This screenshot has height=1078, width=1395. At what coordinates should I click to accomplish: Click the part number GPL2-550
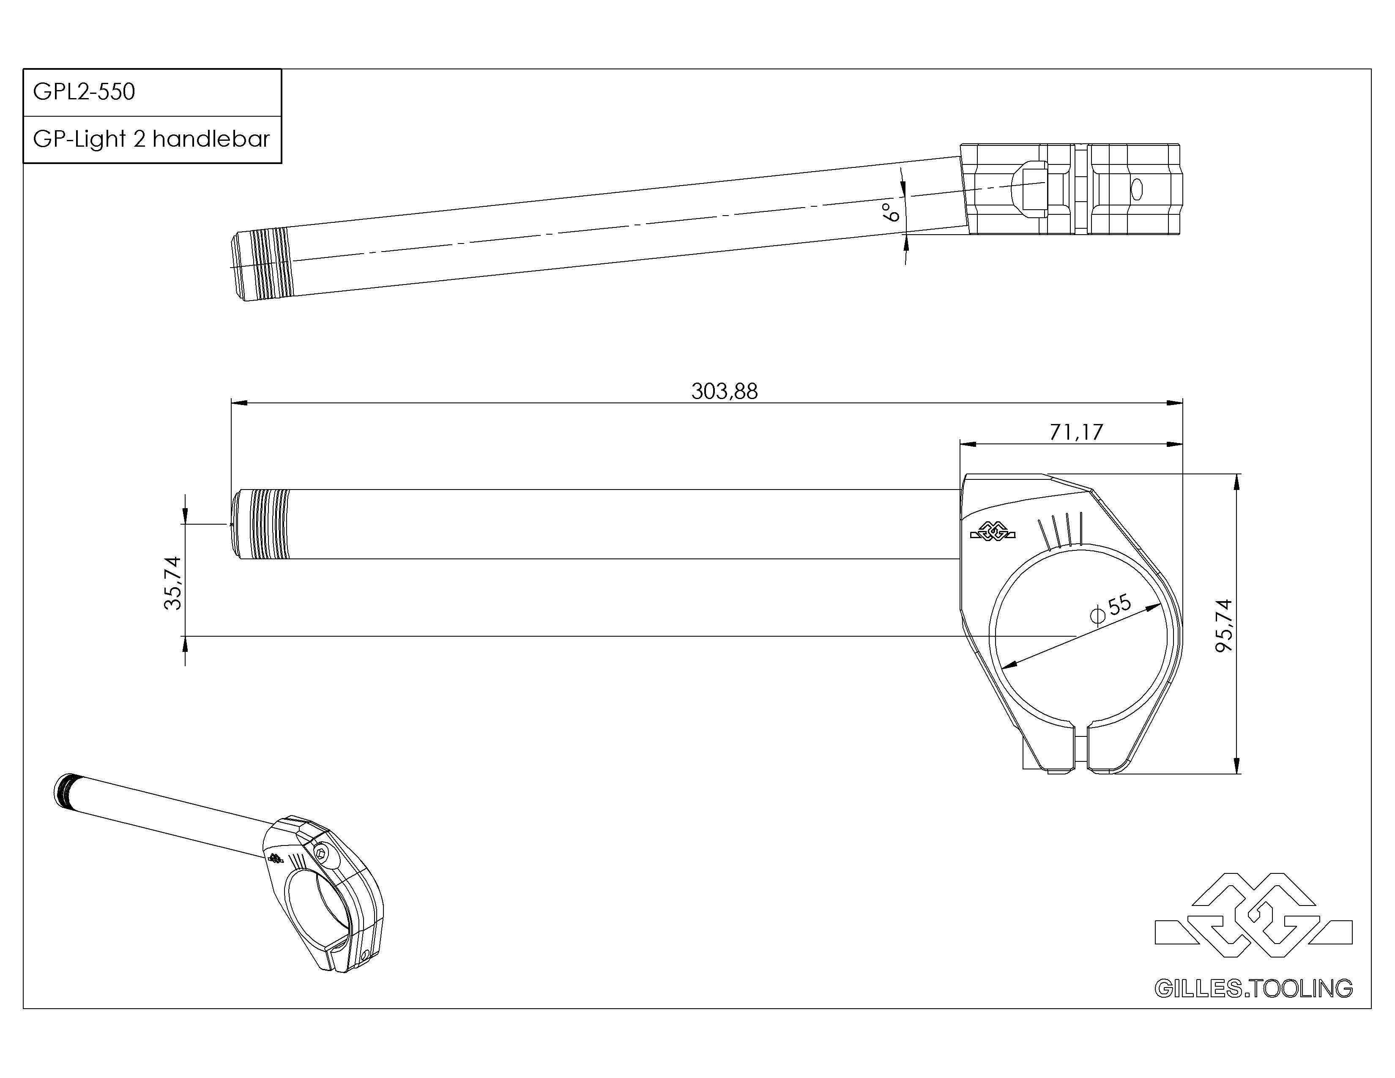pos(84,92)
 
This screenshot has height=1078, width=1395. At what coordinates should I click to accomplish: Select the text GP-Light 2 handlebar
pos(151,139)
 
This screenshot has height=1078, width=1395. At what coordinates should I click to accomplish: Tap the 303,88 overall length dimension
pos(724,391)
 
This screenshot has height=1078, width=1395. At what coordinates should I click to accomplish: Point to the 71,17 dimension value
pos(1076,432)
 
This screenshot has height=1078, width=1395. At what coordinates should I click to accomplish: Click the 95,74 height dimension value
pos(1224,625)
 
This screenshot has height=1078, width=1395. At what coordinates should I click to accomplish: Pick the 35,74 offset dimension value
pos(173,583)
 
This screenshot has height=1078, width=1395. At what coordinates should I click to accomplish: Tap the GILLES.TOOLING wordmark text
pos(1253,989)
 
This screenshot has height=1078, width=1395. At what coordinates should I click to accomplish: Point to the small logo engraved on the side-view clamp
pos(993,531)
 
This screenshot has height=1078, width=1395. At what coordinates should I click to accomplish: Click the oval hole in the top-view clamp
pos(1136,189)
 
